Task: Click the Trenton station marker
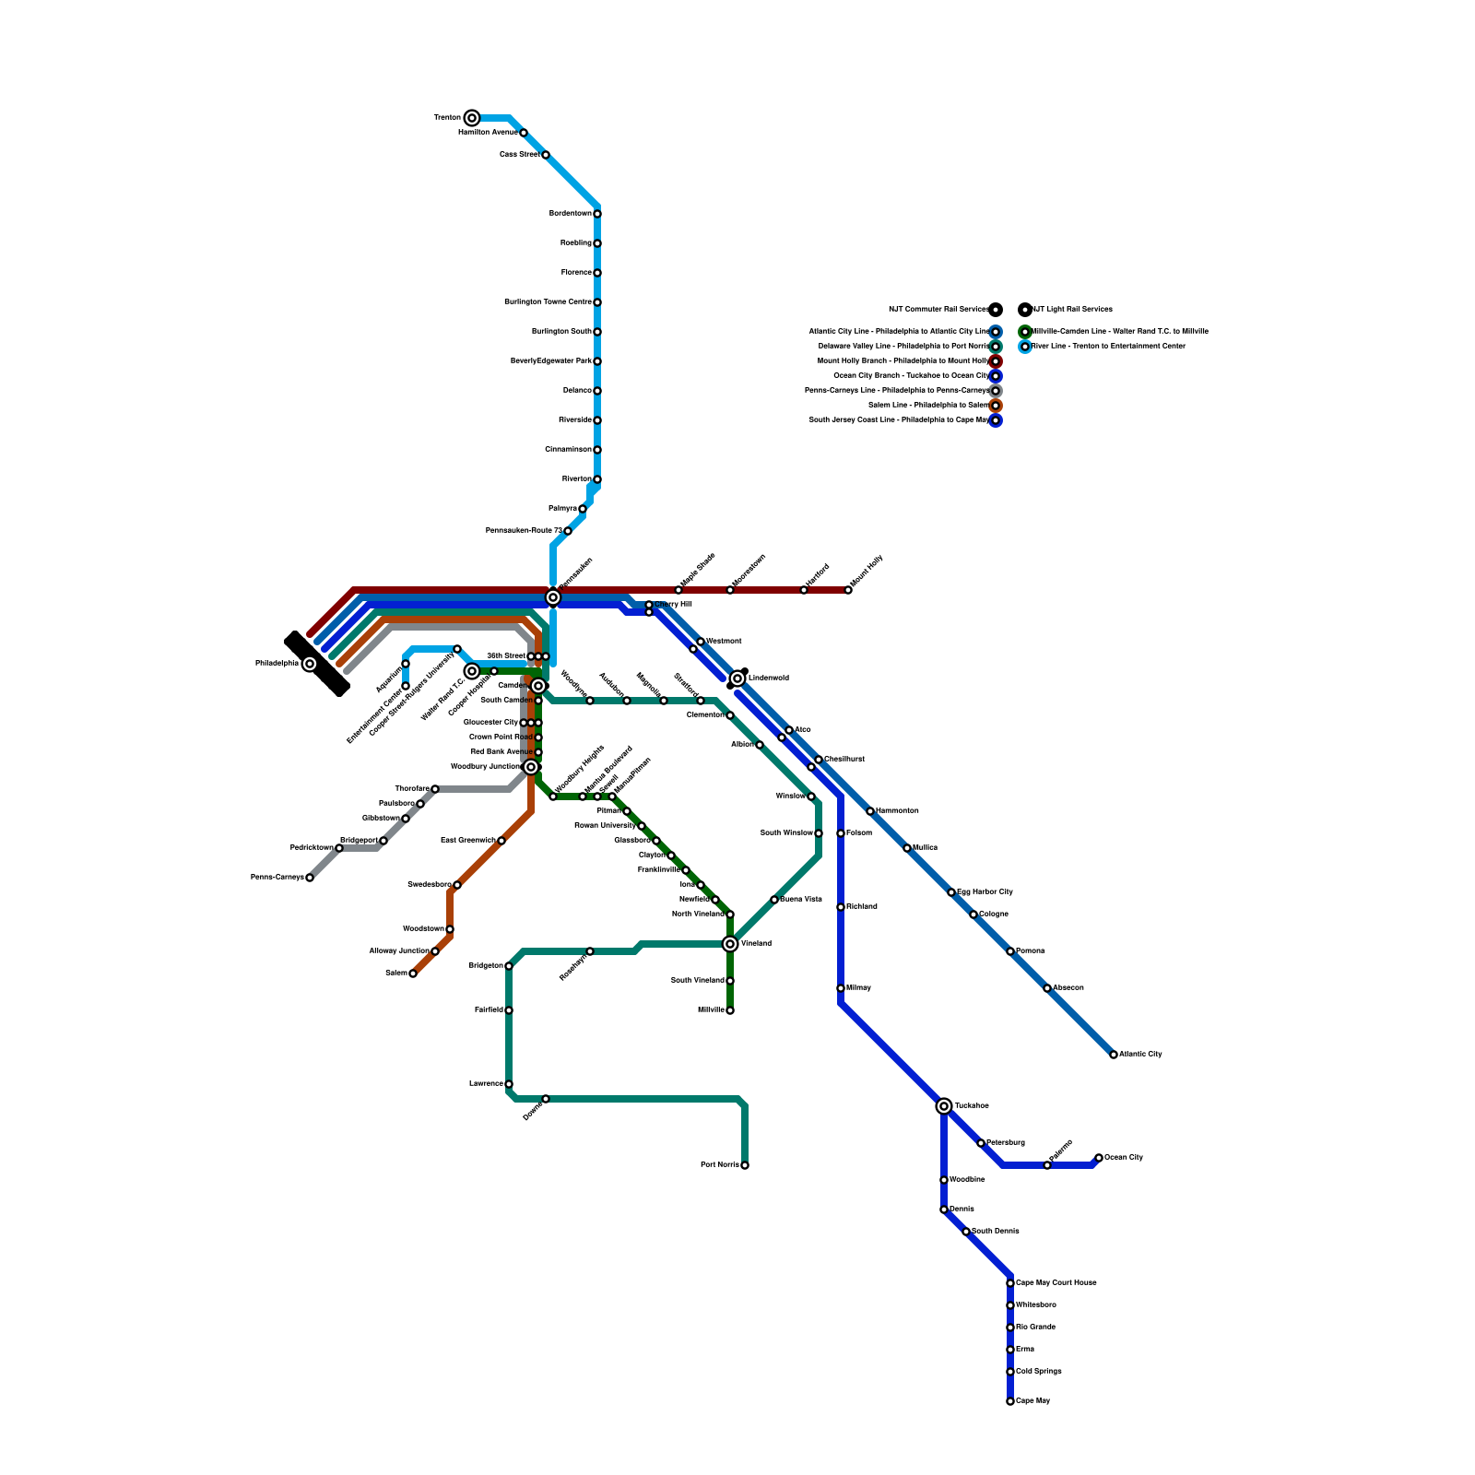pos(472,117)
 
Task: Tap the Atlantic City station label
pos(1141,1054)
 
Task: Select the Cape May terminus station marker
pos(1010,1401)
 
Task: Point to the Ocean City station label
pos(1124,1157)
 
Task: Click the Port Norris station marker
pos(745,1165)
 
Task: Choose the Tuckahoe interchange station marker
pos(944,1105)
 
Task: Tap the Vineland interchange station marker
pos(730,943)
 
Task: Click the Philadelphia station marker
pos(310,664)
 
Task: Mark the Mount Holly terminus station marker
pos(848,590)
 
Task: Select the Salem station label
pos(395,973)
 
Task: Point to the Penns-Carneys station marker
pos(310,878)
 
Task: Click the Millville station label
pos(711,1009)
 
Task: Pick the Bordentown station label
pos(571,213)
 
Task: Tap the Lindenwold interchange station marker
pos(737,678)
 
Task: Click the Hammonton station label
pos(897,810)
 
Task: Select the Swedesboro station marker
pos(457,885)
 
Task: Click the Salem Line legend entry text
pos(928,405)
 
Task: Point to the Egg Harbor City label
pos(985,891)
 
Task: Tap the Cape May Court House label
pos(1056,1282)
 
